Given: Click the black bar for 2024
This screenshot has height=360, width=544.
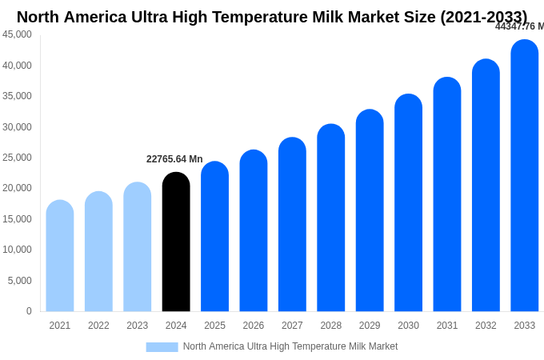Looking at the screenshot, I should click(176, 244).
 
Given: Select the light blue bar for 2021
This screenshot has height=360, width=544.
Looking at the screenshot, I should click(60, 258).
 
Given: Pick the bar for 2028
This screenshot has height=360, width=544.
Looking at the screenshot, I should click(331, 219).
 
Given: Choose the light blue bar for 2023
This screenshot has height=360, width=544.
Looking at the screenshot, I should click(138, 249).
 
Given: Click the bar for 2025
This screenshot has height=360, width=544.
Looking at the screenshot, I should click(214, 238).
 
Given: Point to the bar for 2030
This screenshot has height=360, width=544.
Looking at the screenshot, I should click(408, 205).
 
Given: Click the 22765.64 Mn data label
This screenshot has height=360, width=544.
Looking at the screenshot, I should click(174, 159).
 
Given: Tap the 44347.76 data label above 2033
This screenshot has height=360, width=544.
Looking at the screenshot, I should click(519, 26).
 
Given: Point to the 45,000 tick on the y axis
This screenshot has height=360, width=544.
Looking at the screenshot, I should click(18, 34).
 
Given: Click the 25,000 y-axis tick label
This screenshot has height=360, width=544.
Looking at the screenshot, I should click(18, 158).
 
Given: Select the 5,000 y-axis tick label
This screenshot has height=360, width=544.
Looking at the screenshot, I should click(20, 281).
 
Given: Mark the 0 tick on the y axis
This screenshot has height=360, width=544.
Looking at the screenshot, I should click(29, 311).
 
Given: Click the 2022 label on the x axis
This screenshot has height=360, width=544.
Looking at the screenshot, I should click(98, 326).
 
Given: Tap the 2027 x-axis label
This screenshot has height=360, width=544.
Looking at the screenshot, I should click(292, 326).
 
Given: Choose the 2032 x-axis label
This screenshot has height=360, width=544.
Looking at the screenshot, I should click(486, 326).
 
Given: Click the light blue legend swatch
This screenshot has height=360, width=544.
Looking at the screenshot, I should click(162, 347).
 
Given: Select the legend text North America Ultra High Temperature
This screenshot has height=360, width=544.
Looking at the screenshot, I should click(264, 346).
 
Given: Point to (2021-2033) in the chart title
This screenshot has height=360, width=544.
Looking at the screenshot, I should click(483, 17).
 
